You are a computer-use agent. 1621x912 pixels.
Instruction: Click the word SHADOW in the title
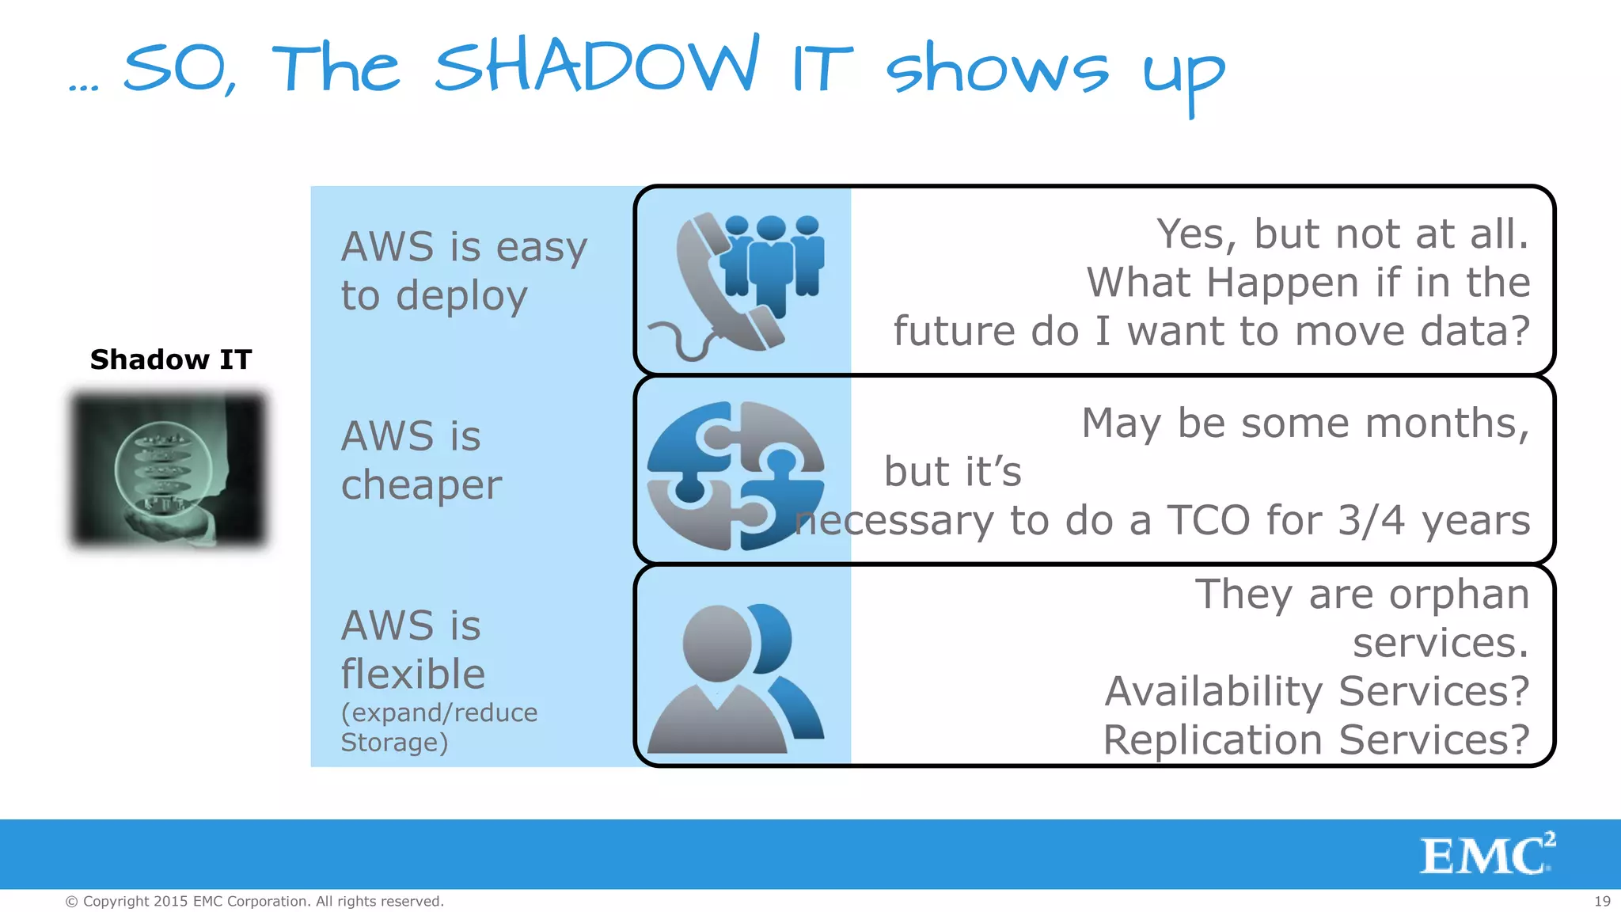595,67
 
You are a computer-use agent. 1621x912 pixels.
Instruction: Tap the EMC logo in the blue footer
1486,855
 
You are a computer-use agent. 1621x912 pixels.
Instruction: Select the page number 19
1602,901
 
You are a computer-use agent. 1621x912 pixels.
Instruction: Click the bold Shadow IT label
170,359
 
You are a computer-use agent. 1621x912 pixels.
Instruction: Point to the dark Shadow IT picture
169,469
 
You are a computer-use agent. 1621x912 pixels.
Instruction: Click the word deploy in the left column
461,296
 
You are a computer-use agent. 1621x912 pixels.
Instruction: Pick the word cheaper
421,484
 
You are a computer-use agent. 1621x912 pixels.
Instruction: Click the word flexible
412,674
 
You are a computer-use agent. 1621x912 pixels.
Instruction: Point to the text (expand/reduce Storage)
438,727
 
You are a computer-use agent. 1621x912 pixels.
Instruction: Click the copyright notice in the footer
254,901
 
